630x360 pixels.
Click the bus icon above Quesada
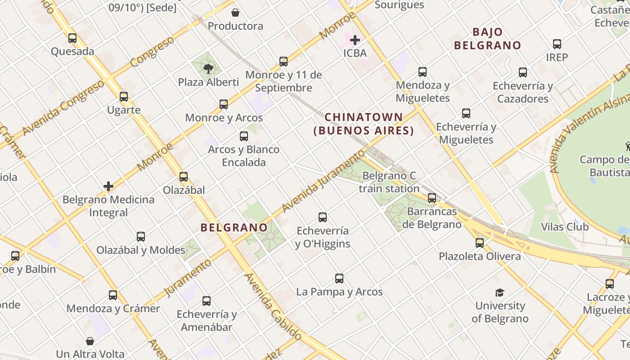72,38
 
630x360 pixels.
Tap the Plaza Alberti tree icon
208,69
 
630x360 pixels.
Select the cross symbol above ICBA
355,40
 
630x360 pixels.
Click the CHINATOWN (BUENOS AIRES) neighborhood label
364,124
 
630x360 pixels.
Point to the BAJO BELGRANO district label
487,39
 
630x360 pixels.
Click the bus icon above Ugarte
124,97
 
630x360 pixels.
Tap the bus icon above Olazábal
184,177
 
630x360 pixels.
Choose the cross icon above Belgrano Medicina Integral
108,186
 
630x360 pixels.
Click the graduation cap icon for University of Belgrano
500,293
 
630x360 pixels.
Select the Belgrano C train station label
389,182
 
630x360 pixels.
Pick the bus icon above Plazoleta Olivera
480,243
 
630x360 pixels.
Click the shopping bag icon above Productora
235,13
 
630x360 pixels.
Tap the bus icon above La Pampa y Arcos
339,279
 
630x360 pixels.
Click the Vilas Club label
565,226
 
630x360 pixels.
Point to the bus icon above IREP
557,44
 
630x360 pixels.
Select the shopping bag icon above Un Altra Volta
90,341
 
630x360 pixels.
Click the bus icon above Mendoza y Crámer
113,295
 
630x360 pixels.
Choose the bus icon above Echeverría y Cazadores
523,72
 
